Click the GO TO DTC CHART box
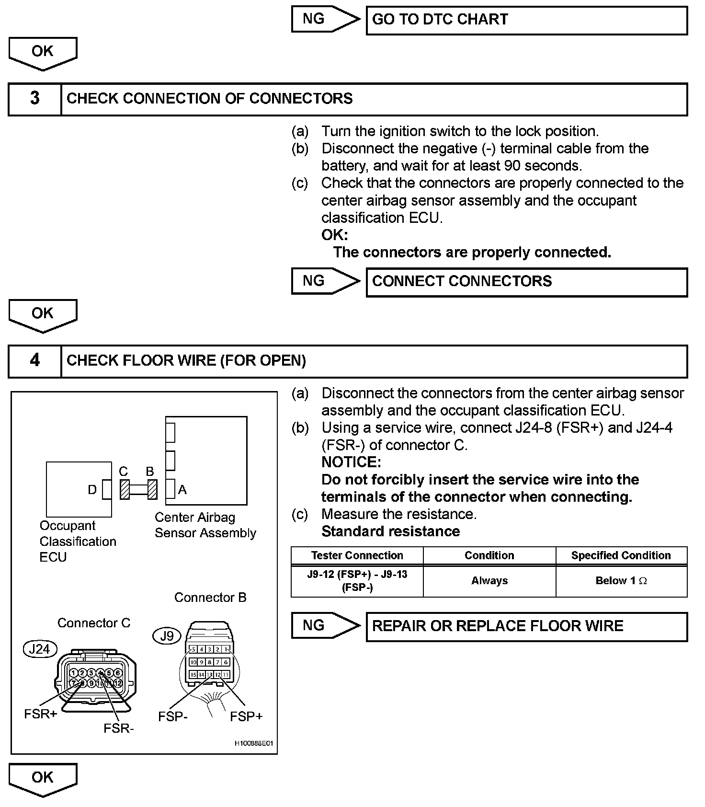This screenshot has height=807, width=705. tap(526, 20)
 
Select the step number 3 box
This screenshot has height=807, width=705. tap(35, 99)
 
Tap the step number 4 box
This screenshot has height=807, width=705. tap(35, 361)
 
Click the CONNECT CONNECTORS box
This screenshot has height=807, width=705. tap(526, 282)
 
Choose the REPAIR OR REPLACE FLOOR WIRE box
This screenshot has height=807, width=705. tap(526, 626)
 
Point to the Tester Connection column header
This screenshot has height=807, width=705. tap(357, 555)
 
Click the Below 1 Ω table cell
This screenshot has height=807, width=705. tap(621, 581)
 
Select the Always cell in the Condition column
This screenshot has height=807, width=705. tap(489, 581)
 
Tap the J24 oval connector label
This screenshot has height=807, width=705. tap(40, 649)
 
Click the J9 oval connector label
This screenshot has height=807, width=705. tap(167, 636)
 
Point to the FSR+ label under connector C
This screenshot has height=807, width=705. tap(41, 714)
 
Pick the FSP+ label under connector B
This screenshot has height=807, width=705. tap(246, 716)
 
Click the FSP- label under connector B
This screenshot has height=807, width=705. tap(173, 716)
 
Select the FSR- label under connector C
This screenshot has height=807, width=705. tap(119, 728)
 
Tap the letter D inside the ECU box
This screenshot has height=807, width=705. tap(92, 490)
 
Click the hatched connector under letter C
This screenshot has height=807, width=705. tap(125, 490)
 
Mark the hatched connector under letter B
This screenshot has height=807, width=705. tap(152, 490)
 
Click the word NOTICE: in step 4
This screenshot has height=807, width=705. tap(351, 462)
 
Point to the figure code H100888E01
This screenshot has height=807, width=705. tap(253, 743)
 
